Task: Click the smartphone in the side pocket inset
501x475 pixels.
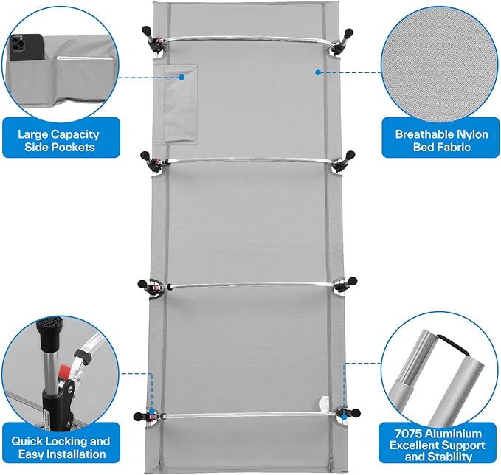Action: click(26, 47)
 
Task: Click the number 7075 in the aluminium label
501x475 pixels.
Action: click(408, 434)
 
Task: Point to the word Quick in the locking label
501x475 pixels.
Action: click(27, 441)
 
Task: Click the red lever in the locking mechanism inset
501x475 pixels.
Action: click(64, 372)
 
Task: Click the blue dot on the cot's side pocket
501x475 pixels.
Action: click(182, 77)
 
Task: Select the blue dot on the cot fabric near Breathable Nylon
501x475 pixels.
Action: click(317, 72)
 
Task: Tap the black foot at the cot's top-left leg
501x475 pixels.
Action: click(146, 31)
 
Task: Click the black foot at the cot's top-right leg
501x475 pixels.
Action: click(349, 32)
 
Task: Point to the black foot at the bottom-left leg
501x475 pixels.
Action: click(138, 417)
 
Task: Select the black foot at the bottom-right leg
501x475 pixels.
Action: click(356, 413)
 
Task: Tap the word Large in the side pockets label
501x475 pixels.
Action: click(32, 134)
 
